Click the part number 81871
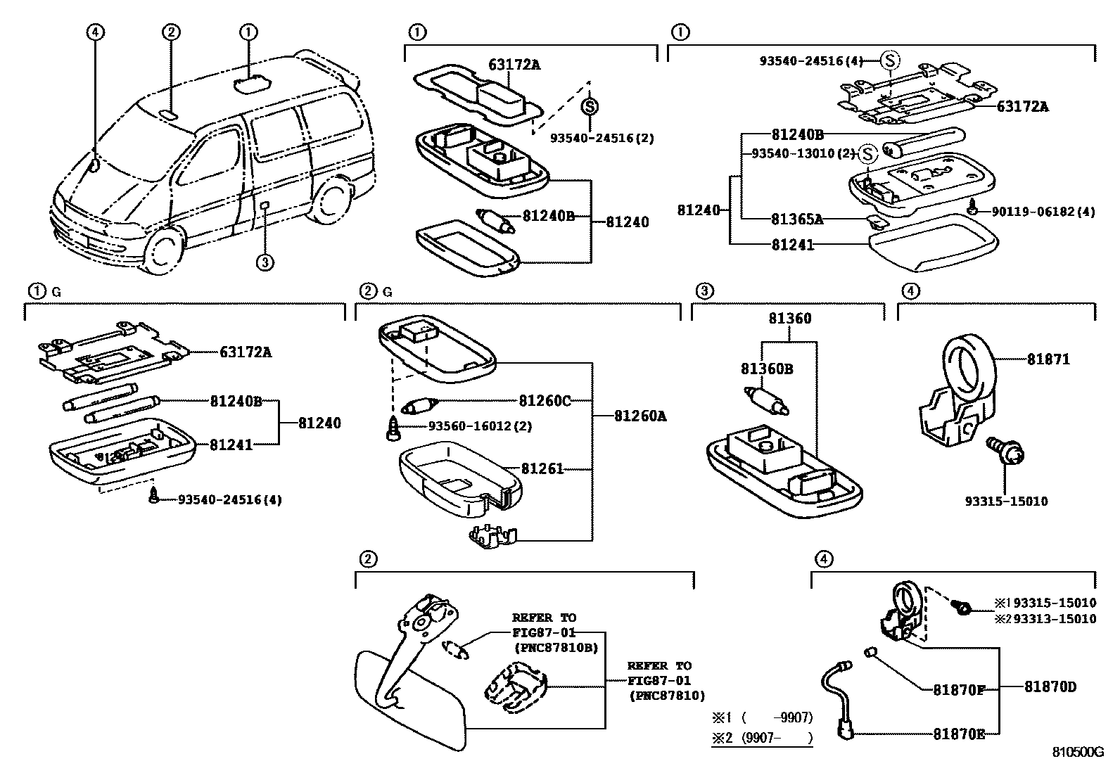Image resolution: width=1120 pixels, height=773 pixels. (1048, 359)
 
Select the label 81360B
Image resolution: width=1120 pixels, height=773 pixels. (767, 369)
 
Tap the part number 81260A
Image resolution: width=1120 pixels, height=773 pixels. (640, 416)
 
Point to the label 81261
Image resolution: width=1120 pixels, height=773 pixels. (542, 468)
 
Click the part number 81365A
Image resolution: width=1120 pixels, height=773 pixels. (797, 219)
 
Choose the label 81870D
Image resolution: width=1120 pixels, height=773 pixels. (1050, 686)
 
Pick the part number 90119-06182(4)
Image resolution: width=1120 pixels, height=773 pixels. (1043, 211)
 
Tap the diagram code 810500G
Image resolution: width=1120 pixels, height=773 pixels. (1077, 752)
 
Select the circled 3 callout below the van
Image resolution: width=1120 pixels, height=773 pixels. (264, 262)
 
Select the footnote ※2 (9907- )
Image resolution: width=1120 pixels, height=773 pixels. (762, 739)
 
